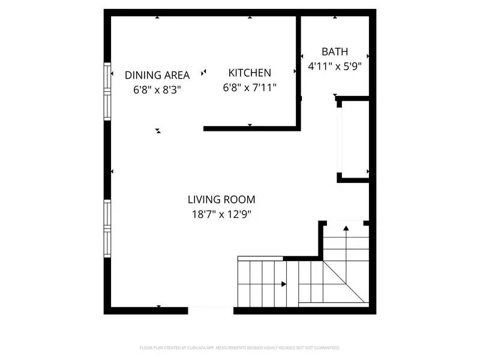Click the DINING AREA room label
pos(157,75)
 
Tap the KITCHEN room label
pos(250,73)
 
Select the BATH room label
pos(334,52)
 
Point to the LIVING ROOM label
pos(221,200)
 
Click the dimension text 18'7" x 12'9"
pos(221,215)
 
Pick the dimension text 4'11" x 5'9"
pos(334,67)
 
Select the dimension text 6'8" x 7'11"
pos(250,88)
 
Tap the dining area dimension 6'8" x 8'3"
pos(157,90)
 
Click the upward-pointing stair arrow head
pos(346,227)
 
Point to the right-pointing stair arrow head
pos(284,284)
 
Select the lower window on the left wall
pos(108,228)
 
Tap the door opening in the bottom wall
pos(211,310)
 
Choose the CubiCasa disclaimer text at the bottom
pos(240,347)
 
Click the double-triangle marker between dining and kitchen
pos(204,72)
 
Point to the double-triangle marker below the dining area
pos(158,130)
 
